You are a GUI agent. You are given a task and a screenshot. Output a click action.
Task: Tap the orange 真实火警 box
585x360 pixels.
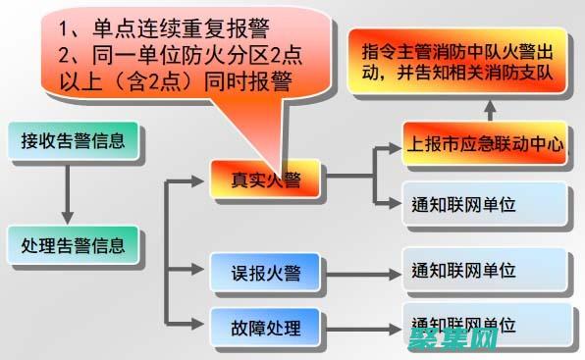pos(266,179)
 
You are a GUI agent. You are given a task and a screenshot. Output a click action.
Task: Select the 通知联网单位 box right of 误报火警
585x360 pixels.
pos(486,270)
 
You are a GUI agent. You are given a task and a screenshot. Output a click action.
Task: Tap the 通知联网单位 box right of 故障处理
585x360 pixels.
pos(486,324)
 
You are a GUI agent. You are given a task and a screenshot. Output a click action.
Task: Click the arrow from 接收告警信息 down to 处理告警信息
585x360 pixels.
pos(67,193)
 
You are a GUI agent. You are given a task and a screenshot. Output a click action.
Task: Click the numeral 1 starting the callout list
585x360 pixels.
pos(65,26)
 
